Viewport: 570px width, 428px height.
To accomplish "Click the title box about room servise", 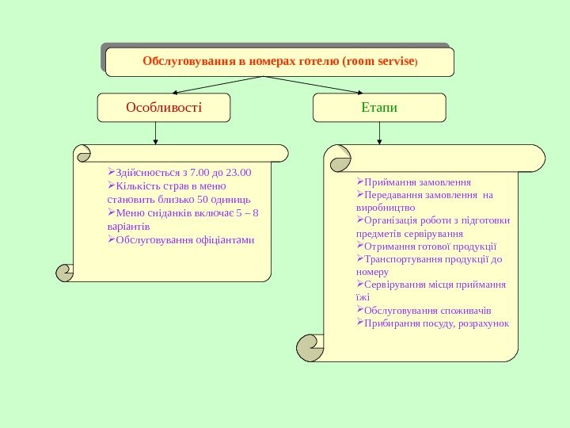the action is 279,62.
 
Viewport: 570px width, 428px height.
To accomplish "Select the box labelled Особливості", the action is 164,108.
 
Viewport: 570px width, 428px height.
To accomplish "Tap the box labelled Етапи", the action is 379,108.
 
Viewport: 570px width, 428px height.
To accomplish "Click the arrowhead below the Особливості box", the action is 156,142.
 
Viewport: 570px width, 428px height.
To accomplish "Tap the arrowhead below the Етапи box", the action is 380,142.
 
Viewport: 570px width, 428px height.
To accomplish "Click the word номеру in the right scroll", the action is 373,272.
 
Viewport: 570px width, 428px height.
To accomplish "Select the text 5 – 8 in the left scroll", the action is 248,212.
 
